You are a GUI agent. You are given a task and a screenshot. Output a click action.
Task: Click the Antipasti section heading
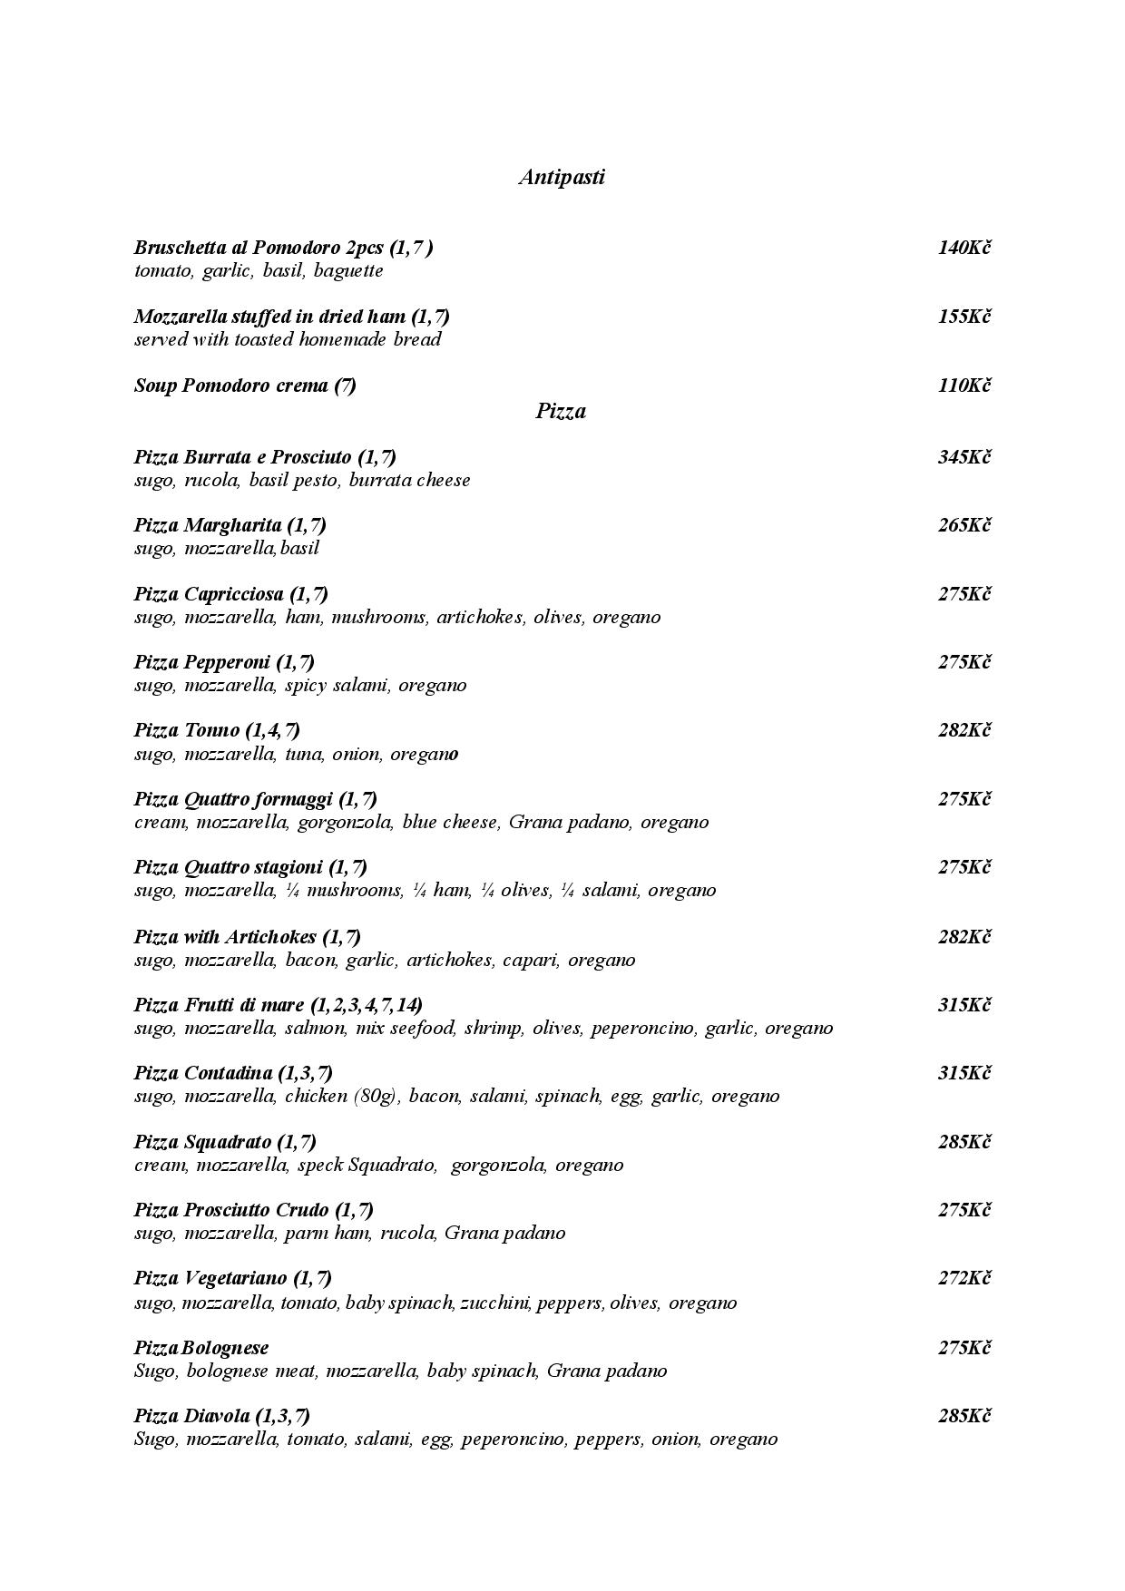562,177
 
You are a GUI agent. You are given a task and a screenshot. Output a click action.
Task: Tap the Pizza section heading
561,411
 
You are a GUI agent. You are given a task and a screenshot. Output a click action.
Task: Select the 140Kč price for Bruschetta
964,248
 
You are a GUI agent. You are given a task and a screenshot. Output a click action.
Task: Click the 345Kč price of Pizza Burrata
964,457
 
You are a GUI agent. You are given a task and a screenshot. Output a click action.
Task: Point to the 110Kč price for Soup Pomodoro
964,386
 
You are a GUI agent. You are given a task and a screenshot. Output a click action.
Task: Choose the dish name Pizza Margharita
208,525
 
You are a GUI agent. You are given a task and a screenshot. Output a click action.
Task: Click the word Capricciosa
233,594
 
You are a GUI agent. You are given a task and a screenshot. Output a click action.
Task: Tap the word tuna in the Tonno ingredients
304,755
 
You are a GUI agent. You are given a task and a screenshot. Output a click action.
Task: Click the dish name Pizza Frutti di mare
219,1005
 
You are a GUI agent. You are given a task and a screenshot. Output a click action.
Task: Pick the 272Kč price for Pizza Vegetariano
964,1278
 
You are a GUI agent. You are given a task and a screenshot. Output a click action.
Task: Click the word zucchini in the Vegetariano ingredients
495,1303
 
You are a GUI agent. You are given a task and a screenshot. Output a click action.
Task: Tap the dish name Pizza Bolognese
201,1348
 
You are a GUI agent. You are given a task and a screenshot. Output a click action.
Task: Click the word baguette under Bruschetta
348,271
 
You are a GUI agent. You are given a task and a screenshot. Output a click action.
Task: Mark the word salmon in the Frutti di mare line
314,1029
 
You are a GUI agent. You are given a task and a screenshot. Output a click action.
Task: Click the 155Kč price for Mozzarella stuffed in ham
964,317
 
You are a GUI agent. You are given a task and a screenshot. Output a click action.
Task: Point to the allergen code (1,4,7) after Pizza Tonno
272,730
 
